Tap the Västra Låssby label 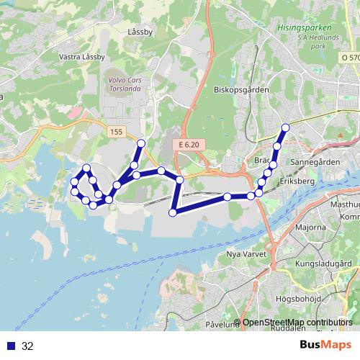[x=83, y=57]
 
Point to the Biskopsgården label [x=241, y=90]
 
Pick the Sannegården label [x=314, y=163]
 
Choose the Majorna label [x=310, y=227]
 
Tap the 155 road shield [x=117, y=132]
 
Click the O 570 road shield [x=349, y=57]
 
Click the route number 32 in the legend [x=27, y=346]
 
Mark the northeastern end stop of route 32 [x=285, y=127]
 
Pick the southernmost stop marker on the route [x=173, y=212]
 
